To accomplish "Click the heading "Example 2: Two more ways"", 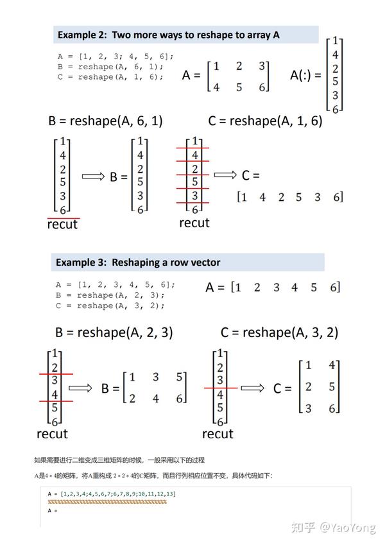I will click(x=169, y=35).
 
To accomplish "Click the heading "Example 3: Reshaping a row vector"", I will click(x=138, y=262).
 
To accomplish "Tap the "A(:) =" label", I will click(x=305, y=75).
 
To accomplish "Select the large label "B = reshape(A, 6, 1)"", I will click(x=105, y=121).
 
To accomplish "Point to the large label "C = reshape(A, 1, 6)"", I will click(x=265, y=121).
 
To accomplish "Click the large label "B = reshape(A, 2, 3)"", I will click(x=114, y=333).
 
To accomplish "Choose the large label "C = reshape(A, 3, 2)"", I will click(x=279, y=333).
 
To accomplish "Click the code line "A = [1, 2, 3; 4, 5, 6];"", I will click(x=116, y=56).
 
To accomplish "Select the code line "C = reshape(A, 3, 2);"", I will click(x=110, y=306).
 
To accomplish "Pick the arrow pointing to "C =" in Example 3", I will click(x=252, y=387).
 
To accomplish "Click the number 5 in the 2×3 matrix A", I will click(x=239, y=87).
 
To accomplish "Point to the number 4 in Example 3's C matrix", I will click(x=332, y=365).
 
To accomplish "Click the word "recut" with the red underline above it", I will click(x=62, y=225).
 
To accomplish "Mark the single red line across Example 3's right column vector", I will click(x=221, y=388).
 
